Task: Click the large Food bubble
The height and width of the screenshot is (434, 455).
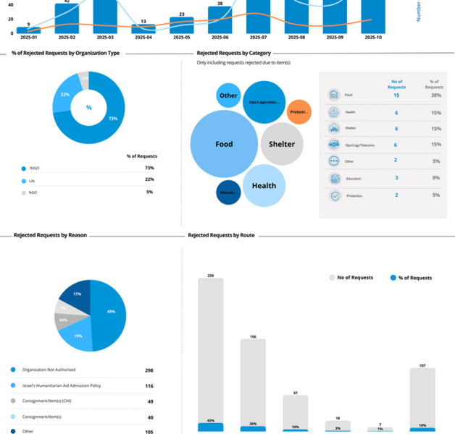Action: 224,144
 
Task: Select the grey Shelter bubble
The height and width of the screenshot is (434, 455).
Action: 282,144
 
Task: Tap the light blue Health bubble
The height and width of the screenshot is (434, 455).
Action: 264,186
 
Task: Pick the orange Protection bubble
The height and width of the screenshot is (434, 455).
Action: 299,112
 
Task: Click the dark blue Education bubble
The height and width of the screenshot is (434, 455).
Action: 228,192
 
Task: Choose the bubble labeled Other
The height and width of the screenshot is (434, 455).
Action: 228,95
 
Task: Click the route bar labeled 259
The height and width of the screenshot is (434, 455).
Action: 210,347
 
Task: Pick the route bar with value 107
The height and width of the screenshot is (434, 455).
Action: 422,394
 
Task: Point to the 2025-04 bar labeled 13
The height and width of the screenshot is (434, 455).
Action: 143,29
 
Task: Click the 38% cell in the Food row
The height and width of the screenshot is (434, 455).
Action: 435,95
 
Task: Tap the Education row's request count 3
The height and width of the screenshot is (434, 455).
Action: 396,178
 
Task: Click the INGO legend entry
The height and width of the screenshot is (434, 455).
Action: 34,168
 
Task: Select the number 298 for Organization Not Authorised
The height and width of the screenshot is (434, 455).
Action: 149,370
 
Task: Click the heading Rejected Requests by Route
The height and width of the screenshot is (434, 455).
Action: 221,235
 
